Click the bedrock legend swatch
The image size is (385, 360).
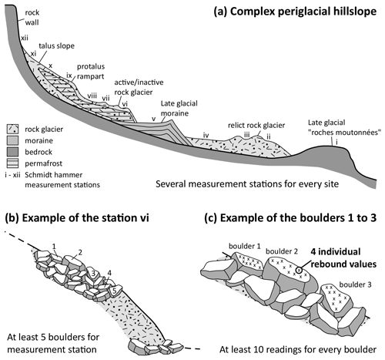(x=12, y=152)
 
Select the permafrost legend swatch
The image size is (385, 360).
(x=12, y=163)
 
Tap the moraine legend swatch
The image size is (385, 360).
(x=12, y=140)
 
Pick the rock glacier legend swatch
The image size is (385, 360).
(x=12, y=129)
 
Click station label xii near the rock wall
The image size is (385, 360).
(x=25, y=38)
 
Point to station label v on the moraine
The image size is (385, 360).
(x=154, y=119)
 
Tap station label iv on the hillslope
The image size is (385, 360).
(x=206, y=135)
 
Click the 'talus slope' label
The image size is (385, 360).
(x=56, y=45)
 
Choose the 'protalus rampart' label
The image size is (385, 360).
(x=91, y=71)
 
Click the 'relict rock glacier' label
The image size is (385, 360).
(x=256, y=125)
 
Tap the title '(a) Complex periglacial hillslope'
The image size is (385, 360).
(x=295, y=12)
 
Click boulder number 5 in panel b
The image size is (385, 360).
(x=115, y=291)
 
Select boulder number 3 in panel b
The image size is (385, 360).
(x=93, y=274)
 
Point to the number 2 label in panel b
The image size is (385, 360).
(x=80, y=253)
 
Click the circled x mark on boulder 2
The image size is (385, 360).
(x=299, y=270)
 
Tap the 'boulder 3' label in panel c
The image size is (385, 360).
(x=355, y=284)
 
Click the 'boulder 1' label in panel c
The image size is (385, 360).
(x=245, y=246)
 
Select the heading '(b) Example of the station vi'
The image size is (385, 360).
(x=77, y=218)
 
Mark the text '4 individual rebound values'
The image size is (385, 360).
(x=343, y=257)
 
